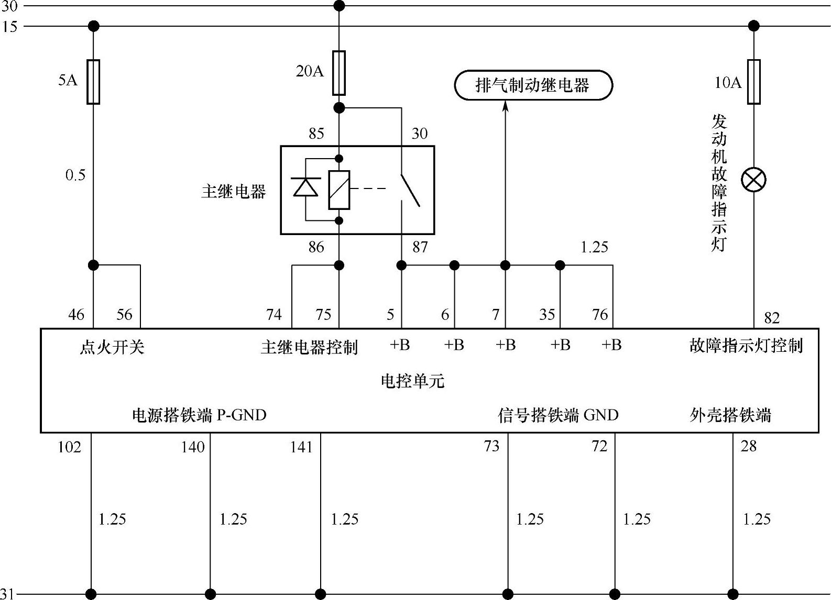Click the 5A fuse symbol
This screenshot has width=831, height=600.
point(93,82)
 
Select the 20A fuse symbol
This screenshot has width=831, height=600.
point(339,73)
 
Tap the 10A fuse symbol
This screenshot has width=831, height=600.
point(753,82)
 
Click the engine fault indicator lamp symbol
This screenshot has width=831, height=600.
point(753,180)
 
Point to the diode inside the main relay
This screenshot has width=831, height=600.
point(305,187)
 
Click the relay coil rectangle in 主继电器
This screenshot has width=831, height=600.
point(339,190)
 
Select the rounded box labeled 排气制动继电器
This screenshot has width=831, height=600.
point(533,85)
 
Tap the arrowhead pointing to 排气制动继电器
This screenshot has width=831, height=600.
point(506,106)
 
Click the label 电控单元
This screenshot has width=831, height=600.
point(412,381)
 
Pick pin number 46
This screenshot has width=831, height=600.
point(76,314)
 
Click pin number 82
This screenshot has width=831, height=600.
point(772,318)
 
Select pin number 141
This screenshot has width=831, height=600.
point(301,447)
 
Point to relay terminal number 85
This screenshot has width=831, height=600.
point(316,134)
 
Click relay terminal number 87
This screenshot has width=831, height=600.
point(420,247)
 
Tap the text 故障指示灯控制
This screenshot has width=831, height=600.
point(746,346)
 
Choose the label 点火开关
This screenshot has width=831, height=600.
point(112,347)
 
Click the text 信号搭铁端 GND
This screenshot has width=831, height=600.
point(558,415)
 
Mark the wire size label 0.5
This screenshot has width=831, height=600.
point(75,175)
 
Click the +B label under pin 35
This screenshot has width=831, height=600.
point(560,345)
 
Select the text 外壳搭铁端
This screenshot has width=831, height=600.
point(730,415)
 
